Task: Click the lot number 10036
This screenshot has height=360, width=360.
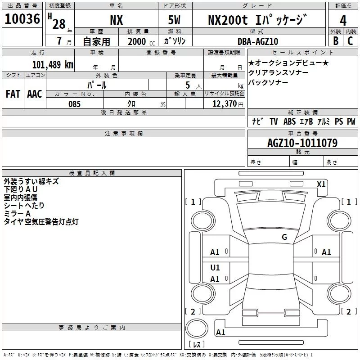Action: click(22, 19)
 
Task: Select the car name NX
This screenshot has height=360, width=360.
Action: click(117, 20)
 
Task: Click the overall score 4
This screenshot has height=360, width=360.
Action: click(343, 20)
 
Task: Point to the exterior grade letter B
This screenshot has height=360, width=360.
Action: click(335, 41)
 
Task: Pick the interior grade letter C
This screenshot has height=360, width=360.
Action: click(350, 41)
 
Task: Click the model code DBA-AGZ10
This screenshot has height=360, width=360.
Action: click(258, 41)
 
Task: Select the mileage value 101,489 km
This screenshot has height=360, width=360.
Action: click(52, 64)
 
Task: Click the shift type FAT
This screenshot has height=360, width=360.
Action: click(13, 94)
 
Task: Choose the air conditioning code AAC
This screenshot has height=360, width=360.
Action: click(34, 94)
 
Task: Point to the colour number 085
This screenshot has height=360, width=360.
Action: click(74, 104)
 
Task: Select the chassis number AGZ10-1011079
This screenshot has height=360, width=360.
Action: click(302, 143)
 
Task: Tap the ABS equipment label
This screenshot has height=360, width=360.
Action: click(289, 121)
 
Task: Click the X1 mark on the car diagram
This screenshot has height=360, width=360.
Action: click(321, 184)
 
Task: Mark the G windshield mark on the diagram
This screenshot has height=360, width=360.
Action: click(284, 237)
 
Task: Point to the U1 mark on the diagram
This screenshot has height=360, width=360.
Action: click(215, 267)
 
